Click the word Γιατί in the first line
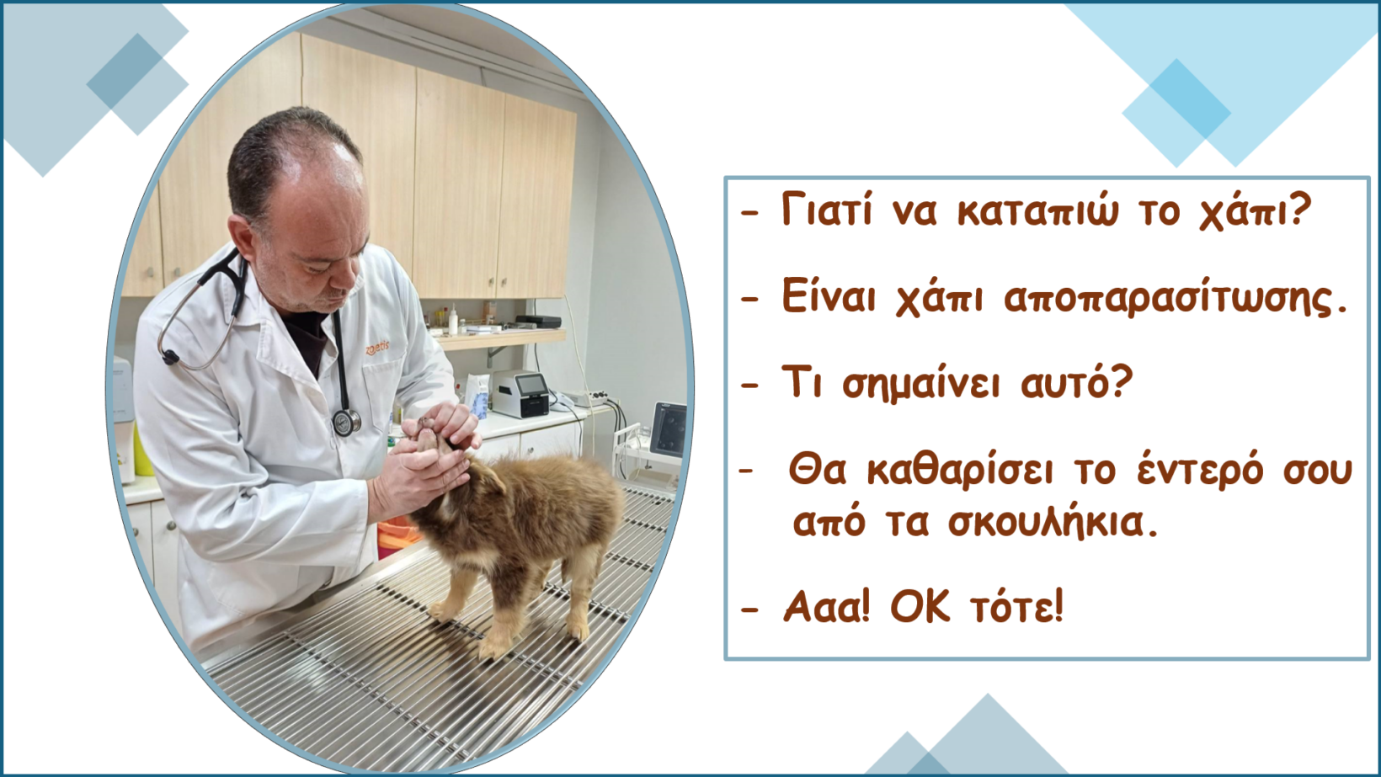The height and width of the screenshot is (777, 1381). pyautogui.click(x=827, y=210)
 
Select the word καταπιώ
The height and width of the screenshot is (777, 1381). pyautogui.click(x=1037, y=211)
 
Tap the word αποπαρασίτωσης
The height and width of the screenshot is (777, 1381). pyautogui.click(x=1175, y=299)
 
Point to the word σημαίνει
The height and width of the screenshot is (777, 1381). pyautogui.click(x=921, y=384)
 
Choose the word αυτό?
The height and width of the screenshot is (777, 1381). pyautogui.click(x=1077, y=382)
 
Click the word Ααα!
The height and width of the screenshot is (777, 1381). pyautogui.click(x=826, y=606)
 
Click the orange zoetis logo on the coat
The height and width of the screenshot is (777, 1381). pyautogui.click(x=377, y=348)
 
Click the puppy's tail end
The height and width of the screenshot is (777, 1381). pyautogui.click(x=611, y=487)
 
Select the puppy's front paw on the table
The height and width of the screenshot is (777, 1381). pyautogui.click(x=443, y=612)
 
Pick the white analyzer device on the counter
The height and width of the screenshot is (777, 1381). pyautogui.click(x=521, y=394)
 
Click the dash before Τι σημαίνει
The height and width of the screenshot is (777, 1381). pyautogui.click(x=749, y=385)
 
